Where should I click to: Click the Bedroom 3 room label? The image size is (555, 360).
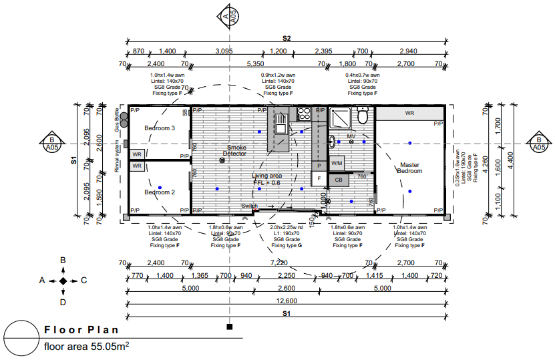pyautogui.click(x=160, y=128)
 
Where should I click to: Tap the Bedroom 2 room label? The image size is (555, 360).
pyautogui.click(x=160, y=192)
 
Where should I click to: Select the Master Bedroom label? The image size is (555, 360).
pyautogui.click(x=411, y=168)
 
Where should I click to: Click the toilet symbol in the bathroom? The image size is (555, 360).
pyautogui.click(x=363, y=117)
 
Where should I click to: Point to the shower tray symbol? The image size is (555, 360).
pyautogui.click(x=340, y=118)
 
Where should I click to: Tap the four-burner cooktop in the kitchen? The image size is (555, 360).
pyautogui.click(x=303, y=114)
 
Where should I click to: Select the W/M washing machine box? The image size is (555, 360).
pyautogui.click(x=337, y=162)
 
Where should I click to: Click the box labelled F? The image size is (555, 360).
pyautogui.click(x=319, y=179)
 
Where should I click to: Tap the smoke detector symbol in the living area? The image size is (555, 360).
pyautogui.click(x=222, y=161)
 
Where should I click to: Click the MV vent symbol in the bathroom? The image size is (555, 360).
pyautogui.click(x=351, y=142)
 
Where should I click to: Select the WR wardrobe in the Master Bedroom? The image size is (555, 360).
pyautogui.click(x=410, y=114)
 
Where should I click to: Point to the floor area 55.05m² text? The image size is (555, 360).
pyautogui.click(x=86, y=347)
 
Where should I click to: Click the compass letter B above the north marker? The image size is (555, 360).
pyautogui.click(x=63, y=260)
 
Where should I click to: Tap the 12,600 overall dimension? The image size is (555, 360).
pyautogui.click(x=286, y=301)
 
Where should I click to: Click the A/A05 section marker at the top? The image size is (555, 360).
pyautogui.click(x=230, y=17)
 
